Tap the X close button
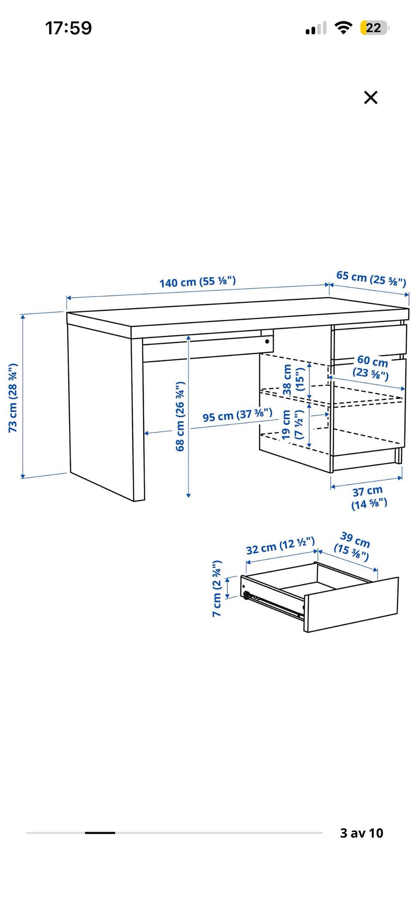click(x=371, y=97)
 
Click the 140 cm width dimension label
click(x=197, y=281)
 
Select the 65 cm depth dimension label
click(x=371, y=279)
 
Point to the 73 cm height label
click(x=13, y=398)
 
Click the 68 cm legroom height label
click(x=180, y=416)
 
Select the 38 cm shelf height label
click(x=293, y=380)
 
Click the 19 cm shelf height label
click(x=292, y=425)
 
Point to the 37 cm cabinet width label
click(x=369, y=498)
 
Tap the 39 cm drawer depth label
click(x=353, y=546)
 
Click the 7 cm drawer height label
click(x=217, y=589)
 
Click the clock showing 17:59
click(x=69, y=28)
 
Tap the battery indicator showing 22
click(x=374, y=28)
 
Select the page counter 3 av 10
click(x=361, y=833)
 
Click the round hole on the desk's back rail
click(x=267, y=342)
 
